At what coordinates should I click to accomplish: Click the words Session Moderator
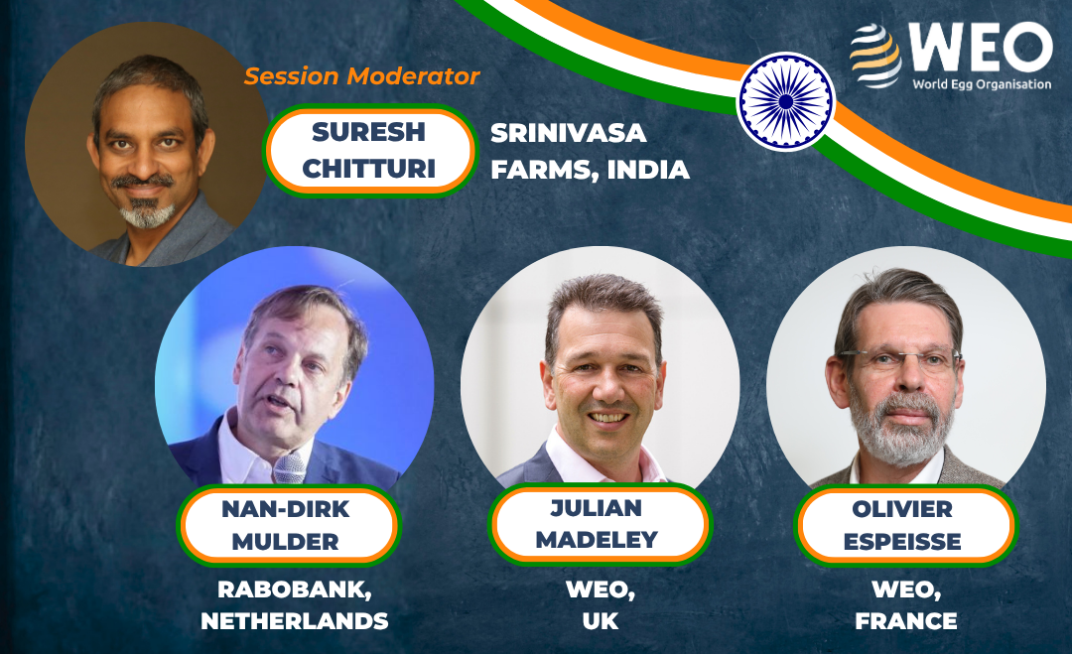pos(361,75)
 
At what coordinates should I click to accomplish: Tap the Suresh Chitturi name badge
pos(369,150)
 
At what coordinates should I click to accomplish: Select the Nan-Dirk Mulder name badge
pos(288,526)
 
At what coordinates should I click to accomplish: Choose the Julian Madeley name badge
pos(600,524)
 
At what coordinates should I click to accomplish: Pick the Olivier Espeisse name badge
pos(905,526)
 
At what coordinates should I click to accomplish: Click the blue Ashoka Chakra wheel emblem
pos(785,102)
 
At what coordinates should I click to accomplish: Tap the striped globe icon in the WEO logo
pos(875,55)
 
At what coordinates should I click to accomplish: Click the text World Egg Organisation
pos(982,84)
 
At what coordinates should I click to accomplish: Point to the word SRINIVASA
pos(568,133)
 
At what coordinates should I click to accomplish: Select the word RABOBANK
pos(295,589)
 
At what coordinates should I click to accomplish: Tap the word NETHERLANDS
pos(295,621)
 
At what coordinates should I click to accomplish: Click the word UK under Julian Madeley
pos(601,621)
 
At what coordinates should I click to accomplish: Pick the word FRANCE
pos(906,621)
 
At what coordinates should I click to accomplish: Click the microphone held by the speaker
pos(290,468)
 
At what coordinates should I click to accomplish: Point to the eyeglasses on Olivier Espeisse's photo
pos(899,359)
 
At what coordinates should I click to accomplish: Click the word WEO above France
pos(906,589)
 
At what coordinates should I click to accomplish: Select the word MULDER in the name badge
pos(285,542)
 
